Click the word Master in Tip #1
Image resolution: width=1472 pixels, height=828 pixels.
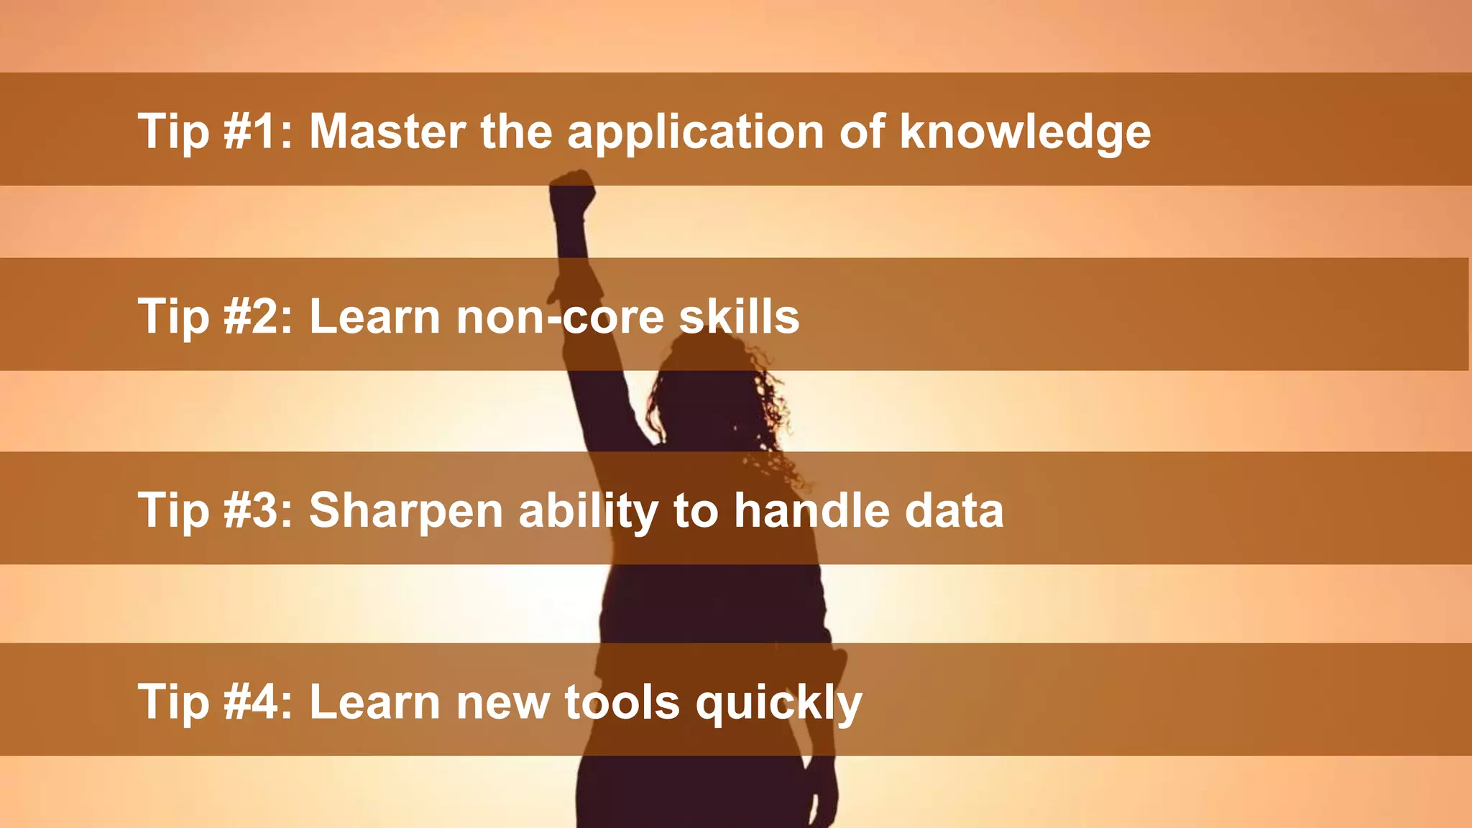click(387, 132)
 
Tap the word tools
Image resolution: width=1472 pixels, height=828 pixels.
click(622, 701)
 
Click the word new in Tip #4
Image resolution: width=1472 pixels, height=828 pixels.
click(502, 703)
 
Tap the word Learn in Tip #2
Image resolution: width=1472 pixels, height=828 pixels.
click(374, 316)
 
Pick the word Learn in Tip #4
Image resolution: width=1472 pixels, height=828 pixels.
click(374, 701)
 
